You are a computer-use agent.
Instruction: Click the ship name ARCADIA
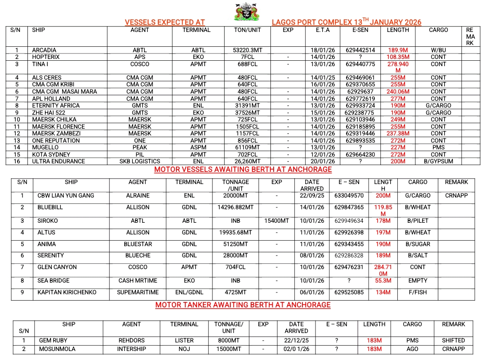click(44, 50)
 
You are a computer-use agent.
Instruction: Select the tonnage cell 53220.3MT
click(247, 50)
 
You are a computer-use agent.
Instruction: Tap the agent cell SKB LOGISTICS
click(139, 161)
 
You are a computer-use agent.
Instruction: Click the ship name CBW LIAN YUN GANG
click(66, 196)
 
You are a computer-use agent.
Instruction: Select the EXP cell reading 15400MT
click(277, 221)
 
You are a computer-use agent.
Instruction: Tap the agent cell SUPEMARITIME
click(138, 292)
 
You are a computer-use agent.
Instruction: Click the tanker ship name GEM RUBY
click(53, 341)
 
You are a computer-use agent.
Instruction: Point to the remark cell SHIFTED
click(453, 341)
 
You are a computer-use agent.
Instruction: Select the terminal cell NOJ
click(184, 349)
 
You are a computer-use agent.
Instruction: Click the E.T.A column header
click(323, 30)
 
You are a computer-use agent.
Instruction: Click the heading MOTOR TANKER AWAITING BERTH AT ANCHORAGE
click(243, 305)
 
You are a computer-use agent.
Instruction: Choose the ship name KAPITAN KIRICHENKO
click(67, 292)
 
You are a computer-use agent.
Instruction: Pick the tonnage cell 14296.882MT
click(235, 207)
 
